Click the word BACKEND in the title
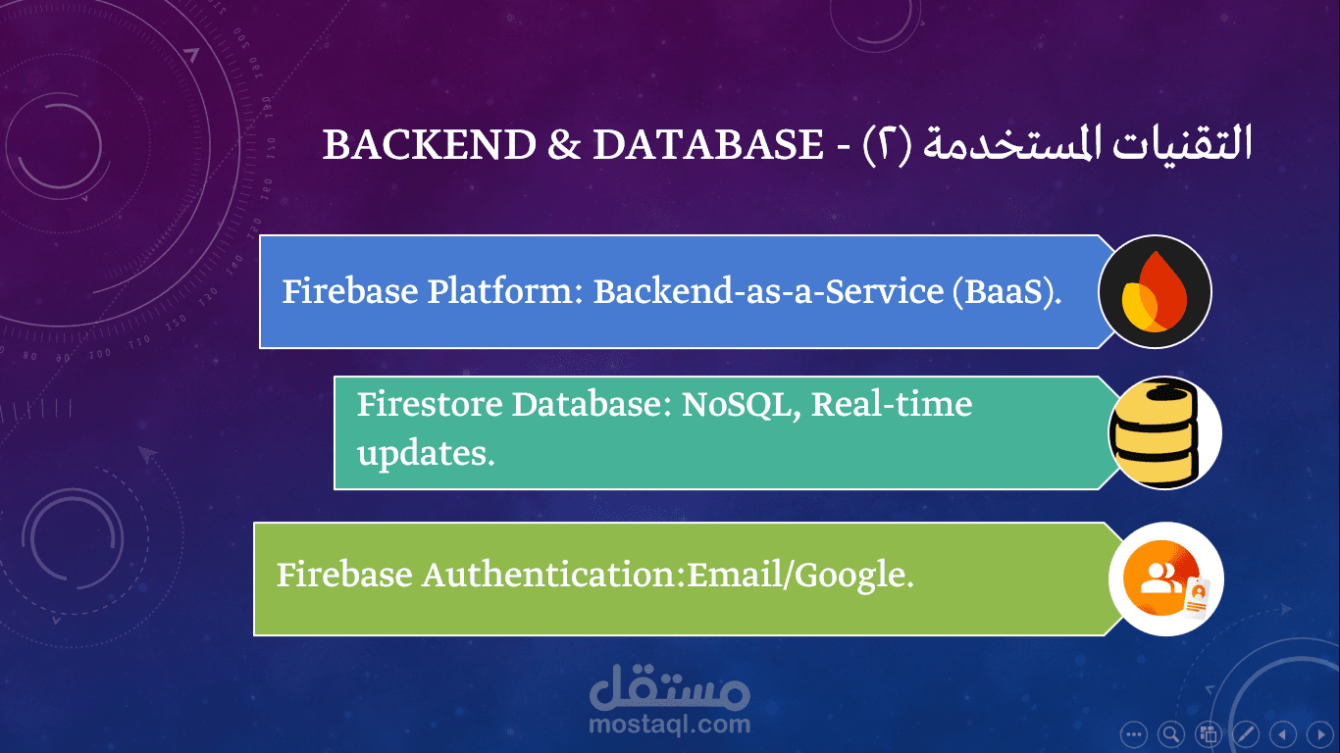pyautogui.click(x=430, y=145)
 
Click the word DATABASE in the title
pyautogui.click(x=708, y=145)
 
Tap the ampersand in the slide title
pyautogui.click(x=564, y=145)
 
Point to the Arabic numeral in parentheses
pyautogui.click(x=887, y=145)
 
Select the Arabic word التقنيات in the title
pyautogui.click(x=1181, y=143)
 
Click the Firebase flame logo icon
pyautogui.click(x=1156, y=292)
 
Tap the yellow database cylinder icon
pyautogui.click(x=1164, y=432)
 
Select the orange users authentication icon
pyautogui.click(x=1166, y=578)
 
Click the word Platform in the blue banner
pyautogui.click(x=505, y=292)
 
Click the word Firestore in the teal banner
pyautogui.click(x=430, y=404)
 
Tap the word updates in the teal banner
pyautogui.click(x=426, y=454)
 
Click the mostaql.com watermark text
pyautogui.click(x=670, y=724)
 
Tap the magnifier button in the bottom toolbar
pyautogui.click(x=1171, y=733)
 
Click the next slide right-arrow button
pyautogui.click(x=1320, y=733)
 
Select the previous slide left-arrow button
pyautogui.click(x=1283, y=733)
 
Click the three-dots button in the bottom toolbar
pyautogui.click(x=1134, y=733)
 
